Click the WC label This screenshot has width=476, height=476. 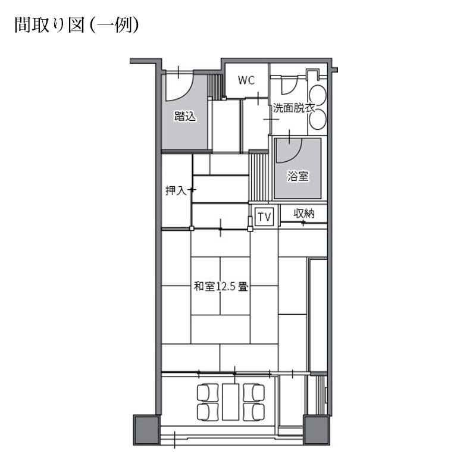pyautogui.click(x=246, y=80)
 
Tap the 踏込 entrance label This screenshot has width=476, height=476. pyautogui.click(x=185, y=117)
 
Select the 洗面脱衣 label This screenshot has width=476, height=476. pyautogui.click(x=294, y=109)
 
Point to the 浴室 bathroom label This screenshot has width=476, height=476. pyautogui.click(x=297, y=176)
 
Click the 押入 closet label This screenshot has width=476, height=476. pyautogui.click(x=176, y=191)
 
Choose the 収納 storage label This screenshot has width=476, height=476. pyautogui.click(x=303, y=214)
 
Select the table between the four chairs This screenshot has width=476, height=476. pyautogui.click(x=230, y=402)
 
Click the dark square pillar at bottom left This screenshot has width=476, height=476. pyautogui.click(x=146, y=429)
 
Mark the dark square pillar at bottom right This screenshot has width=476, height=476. pyautogui.click(x=316, y=429)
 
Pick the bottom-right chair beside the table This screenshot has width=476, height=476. pyautogui.click(x=255, y=411)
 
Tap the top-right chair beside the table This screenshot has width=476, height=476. pyautogui.click(x=255, y=392)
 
